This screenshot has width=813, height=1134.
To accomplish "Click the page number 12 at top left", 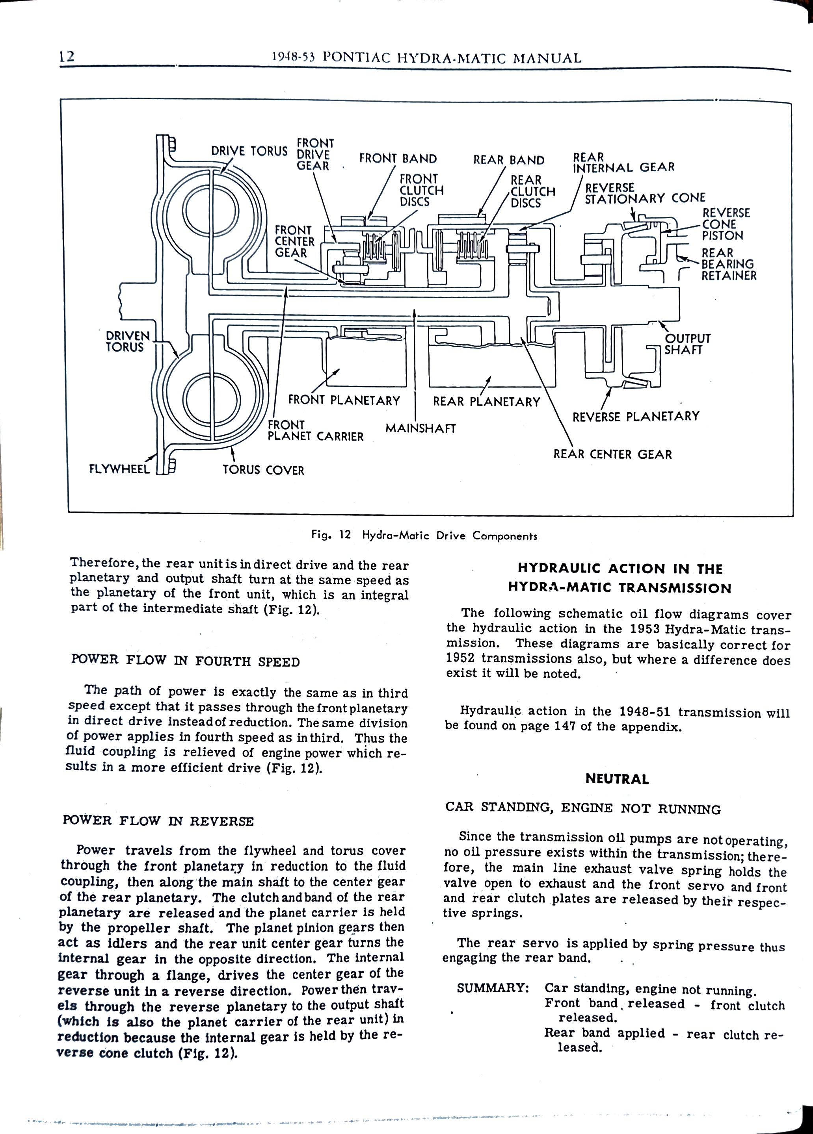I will (67, 56).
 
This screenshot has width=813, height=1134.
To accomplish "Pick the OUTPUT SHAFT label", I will (687, 344).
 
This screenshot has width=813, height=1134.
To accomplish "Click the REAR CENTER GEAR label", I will (612, 454).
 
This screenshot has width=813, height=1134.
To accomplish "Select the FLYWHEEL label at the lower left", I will (119, 469).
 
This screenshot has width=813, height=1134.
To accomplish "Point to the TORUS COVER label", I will (263, 470).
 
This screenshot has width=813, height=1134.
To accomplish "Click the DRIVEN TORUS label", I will (128, 341).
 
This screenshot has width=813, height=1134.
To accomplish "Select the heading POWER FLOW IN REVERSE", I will (158, 821).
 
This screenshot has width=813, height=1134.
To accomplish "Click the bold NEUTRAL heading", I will (617, 779).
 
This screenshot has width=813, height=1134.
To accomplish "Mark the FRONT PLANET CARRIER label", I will (315, 430).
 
